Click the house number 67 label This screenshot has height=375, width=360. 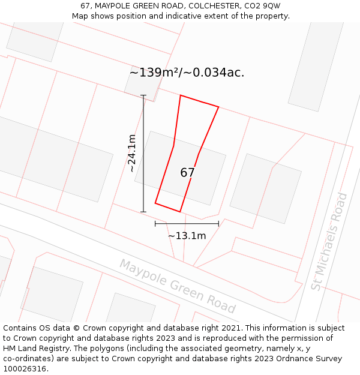(187, 173)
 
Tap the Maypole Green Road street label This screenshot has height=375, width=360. (177, 286)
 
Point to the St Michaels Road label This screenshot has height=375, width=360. (329, 241)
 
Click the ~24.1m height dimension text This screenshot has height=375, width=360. (132, 154)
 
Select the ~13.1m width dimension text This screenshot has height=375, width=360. (187, 236)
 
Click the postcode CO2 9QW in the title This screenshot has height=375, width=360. (261, 6)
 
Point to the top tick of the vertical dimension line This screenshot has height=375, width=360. (143, 95)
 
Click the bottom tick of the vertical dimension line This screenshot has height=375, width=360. (143, 211)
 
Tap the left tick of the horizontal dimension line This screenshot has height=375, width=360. (155, 224)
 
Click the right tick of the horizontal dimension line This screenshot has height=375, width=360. (218, 224)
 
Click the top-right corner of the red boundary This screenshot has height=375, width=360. (218, 107)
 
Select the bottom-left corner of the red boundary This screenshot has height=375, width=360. (155, 203)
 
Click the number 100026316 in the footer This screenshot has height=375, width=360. (24, 369)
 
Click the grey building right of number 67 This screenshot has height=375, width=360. (266, 188)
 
